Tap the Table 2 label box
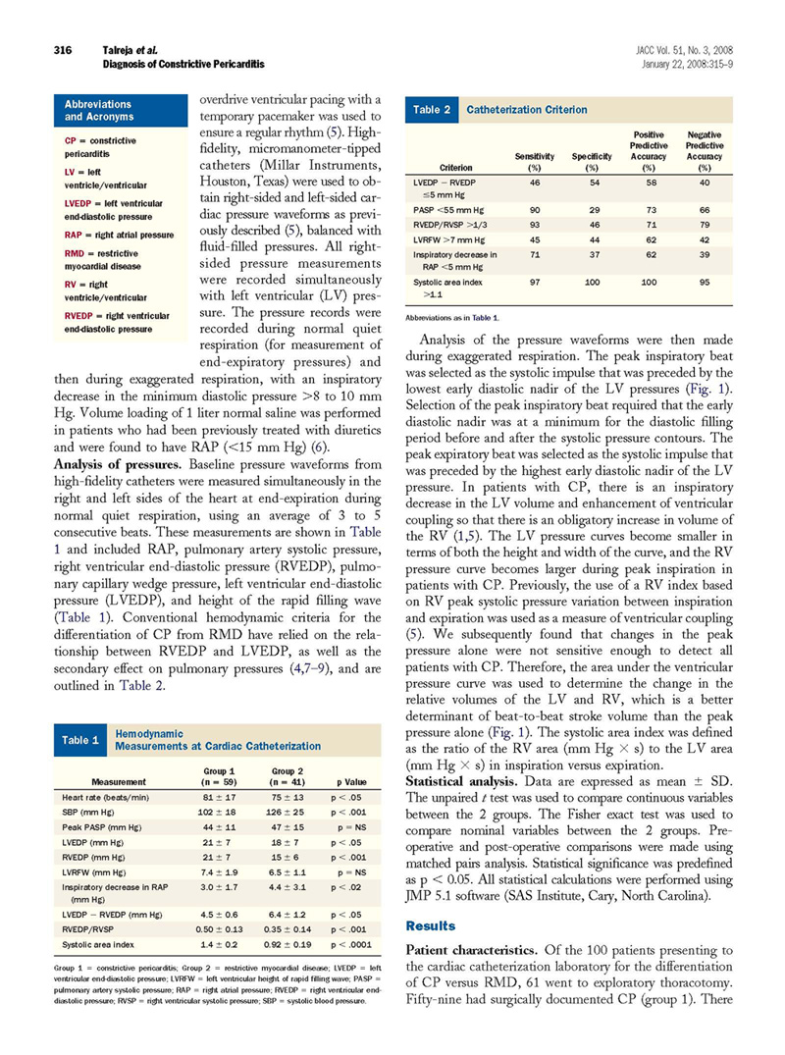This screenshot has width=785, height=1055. [x=428, y=110]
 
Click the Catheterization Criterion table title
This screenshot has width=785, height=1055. [x=526, y=110]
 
